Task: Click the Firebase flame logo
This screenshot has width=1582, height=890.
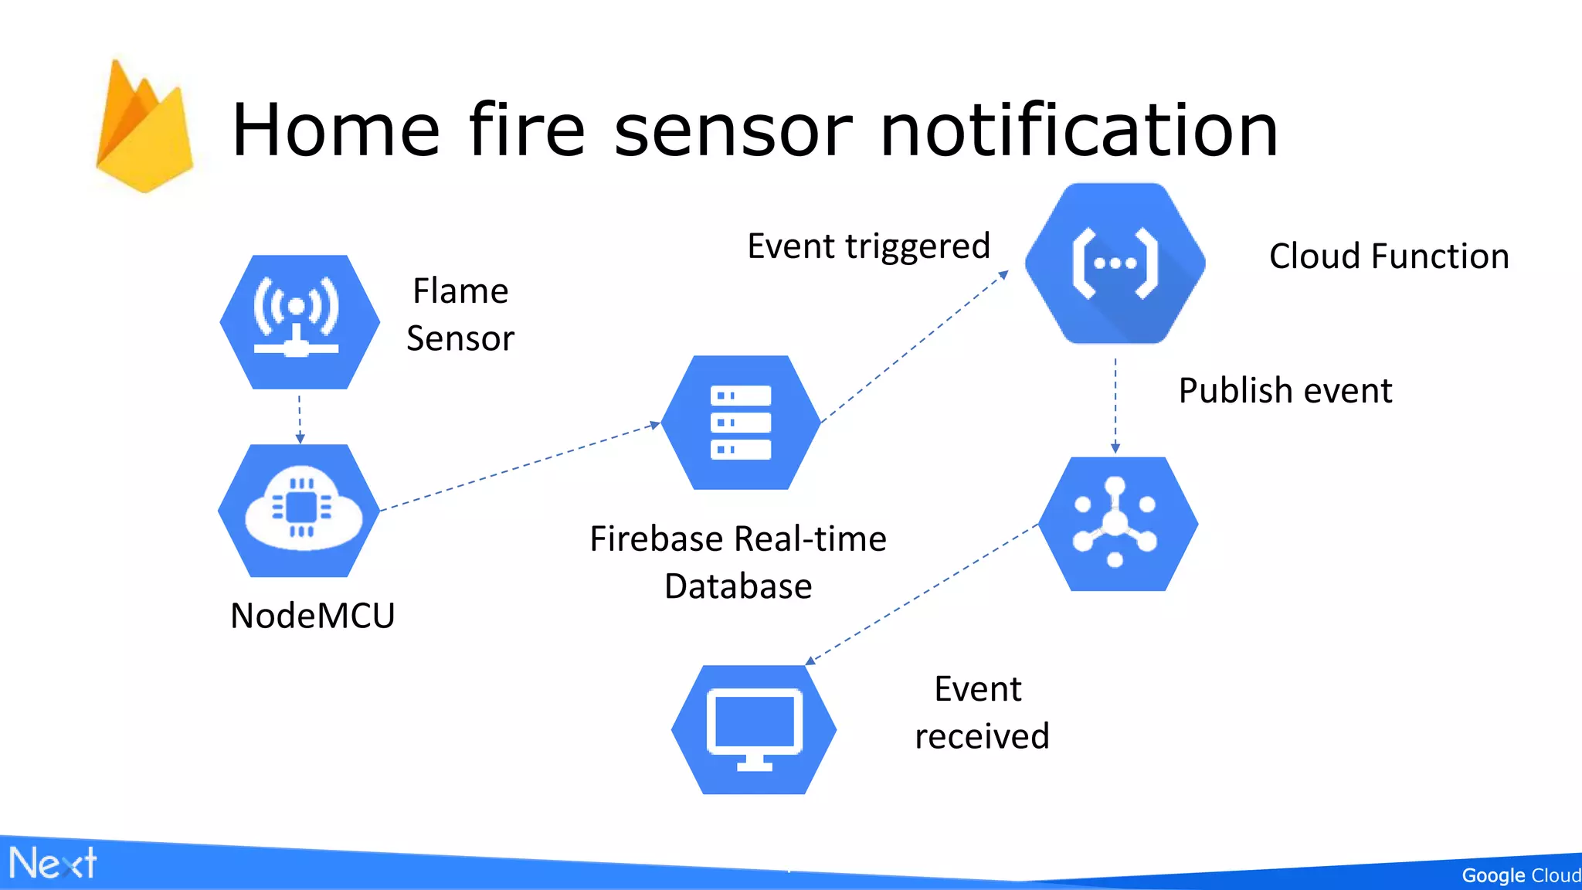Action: (144, 127)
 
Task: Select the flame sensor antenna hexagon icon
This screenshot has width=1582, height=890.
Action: (300, 322)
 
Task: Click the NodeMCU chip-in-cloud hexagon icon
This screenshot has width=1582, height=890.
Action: (300, 511)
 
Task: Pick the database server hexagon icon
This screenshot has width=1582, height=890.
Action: (741, 423)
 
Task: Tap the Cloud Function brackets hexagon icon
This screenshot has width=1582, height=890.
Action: (1115, 263)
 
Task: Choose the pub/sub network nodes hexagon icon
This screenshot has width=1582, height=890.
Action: (1117, 524)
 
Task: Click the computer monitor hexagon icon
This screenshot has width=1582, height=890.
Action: (754, 729)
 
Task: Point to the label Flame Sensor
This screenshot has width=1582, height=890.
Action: (460, 314)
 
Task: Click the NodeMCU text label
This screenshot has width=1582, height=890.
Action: (313, 616)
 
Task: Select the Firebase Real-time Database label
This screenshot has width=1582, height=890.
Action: (738, 562)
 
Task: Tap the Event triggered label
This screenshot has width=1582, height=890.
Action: (868, 246)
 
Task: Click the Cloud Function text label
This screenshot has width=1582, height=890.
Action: (1388, 256)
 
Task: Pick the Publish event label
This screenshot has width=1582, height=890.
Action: (1285, 390)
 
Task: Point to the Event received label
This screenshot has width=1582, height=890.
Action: (981, 712)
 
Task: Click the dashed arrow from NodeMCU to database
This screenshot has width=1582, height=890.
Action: (519, 467)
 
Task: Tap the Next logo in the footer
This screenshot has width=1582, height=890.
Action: (53, 863)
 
